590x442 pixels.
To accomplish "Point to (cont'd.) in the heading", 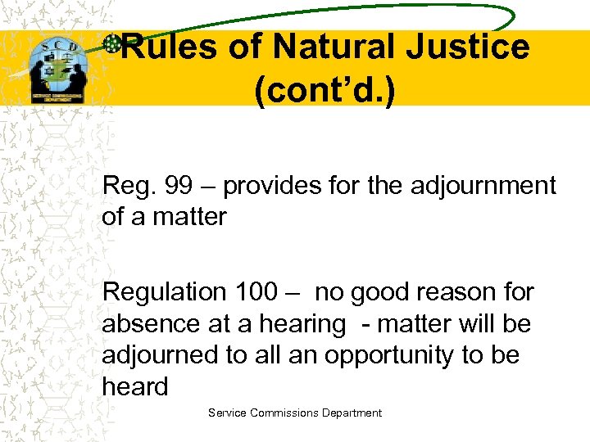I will pos(324,92).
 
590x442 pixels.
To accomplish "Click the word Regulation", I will pos(164,291).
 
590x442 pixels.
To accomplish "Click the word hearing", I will pos(302,325).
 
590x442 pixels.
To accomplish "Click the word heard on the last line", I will pos(134,386).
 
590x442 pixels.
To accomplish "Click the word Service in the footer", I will pos(226,413).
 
